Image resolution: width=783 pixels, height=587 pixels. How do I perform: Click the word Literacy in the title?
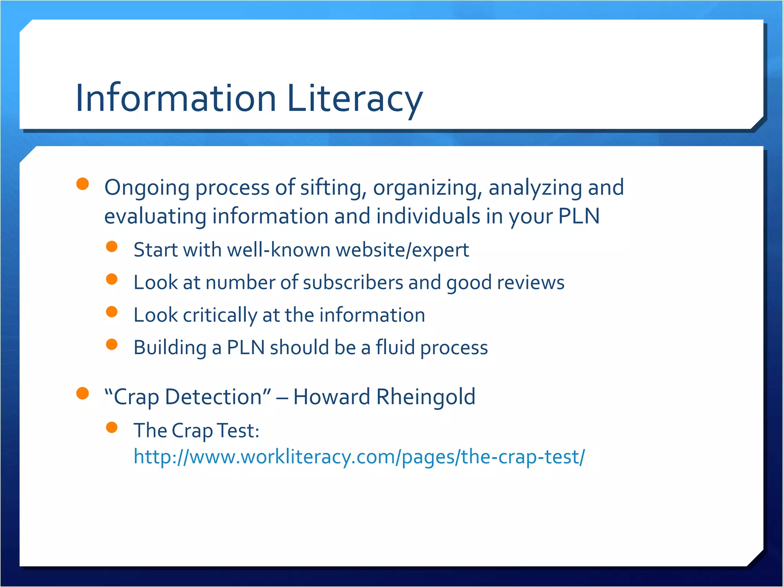354,98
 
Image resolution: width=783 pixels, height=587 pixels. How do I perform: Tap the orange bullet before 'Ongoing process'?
83,184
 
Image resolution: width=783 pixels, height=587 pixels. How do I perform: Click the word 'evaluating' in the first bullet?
155,216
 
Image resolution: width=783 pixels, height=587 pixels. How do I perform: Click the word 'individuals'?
428,216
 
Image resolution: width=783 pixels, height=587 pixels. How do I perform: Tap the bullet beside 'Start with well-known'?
112,246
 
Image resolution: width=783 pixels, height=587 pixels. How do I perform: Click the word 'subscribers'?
353,283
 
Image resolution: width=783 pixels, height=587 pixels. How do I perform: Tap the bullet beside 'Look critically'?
112,312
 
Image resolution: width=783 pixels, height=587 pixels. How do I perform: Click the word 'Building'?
170,348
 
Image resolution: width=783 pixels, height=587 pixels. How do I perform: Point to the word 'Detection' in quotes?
213,397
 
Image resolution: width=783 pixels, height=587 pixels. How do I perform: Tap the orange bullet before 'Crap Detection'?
83,393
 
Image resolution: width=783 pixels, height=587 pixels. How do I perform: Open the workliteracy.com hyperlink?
359,457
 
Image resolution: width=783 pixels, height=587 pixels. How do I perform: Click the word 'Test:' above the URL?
238,431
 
